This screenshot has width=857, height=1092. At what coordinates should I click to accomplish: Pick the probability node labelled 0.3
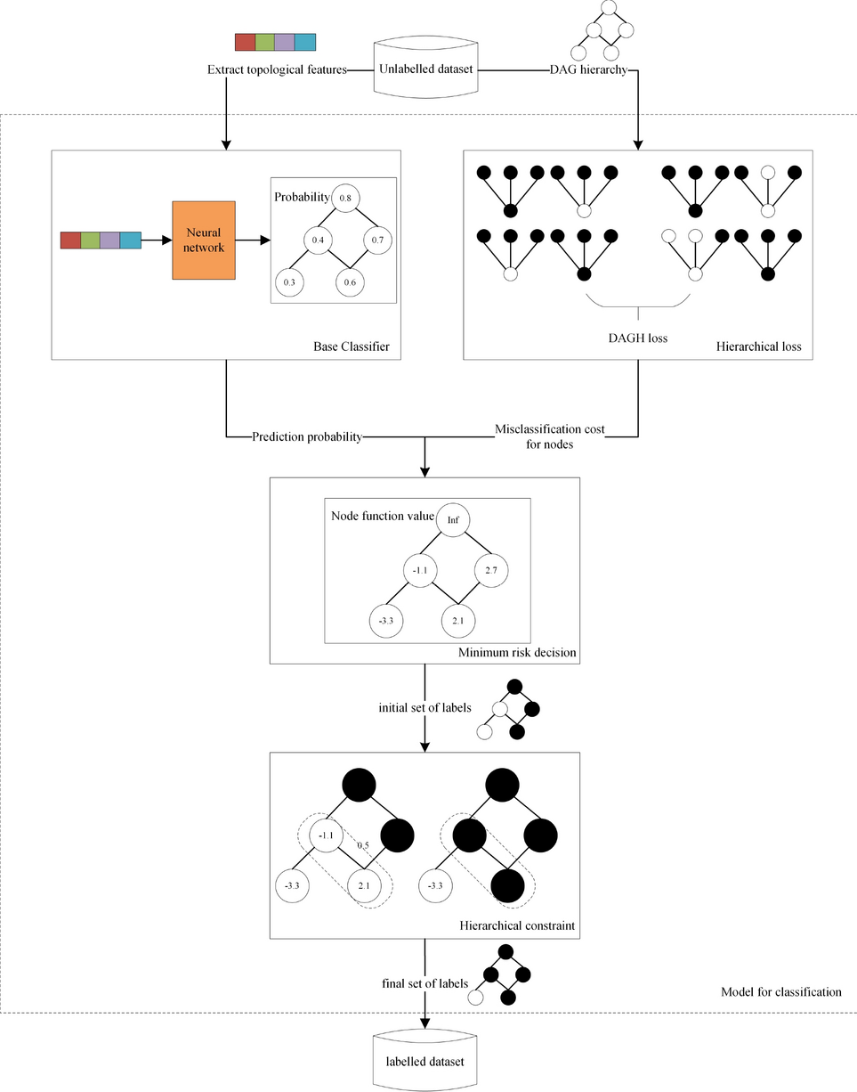point(288,281)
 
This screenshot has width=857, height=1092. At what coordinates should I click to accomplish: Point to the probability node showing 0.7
point(376,240)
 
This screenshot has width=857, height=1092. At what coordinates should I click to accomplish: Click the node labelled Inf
point(452,521)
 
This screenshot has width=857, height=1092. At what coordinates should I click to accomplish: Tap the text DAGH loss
point(638,338)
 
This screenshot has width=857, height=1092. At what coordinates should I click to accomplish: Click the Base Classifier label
point(351,346)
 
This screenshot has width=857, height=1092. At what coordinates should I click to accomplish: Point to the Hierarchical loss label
point(758,346)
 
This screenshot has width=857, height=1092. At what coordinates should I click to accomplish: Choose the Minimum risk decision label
point(517,653)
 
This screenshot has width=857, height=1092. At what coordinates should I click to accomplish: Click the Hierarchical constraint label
point(517,926)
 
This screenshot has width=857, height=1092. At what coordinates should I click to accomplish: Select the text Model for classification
point(780,991)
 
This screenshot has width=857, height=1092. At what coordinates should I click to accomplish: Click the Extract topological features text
point(276,69)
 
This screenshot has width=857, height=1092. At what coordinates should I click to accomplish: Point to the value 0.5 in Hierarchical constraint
point(362,846)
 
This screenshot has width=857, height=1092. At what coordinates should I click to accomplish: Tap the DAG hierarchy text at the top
point(589,69)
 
